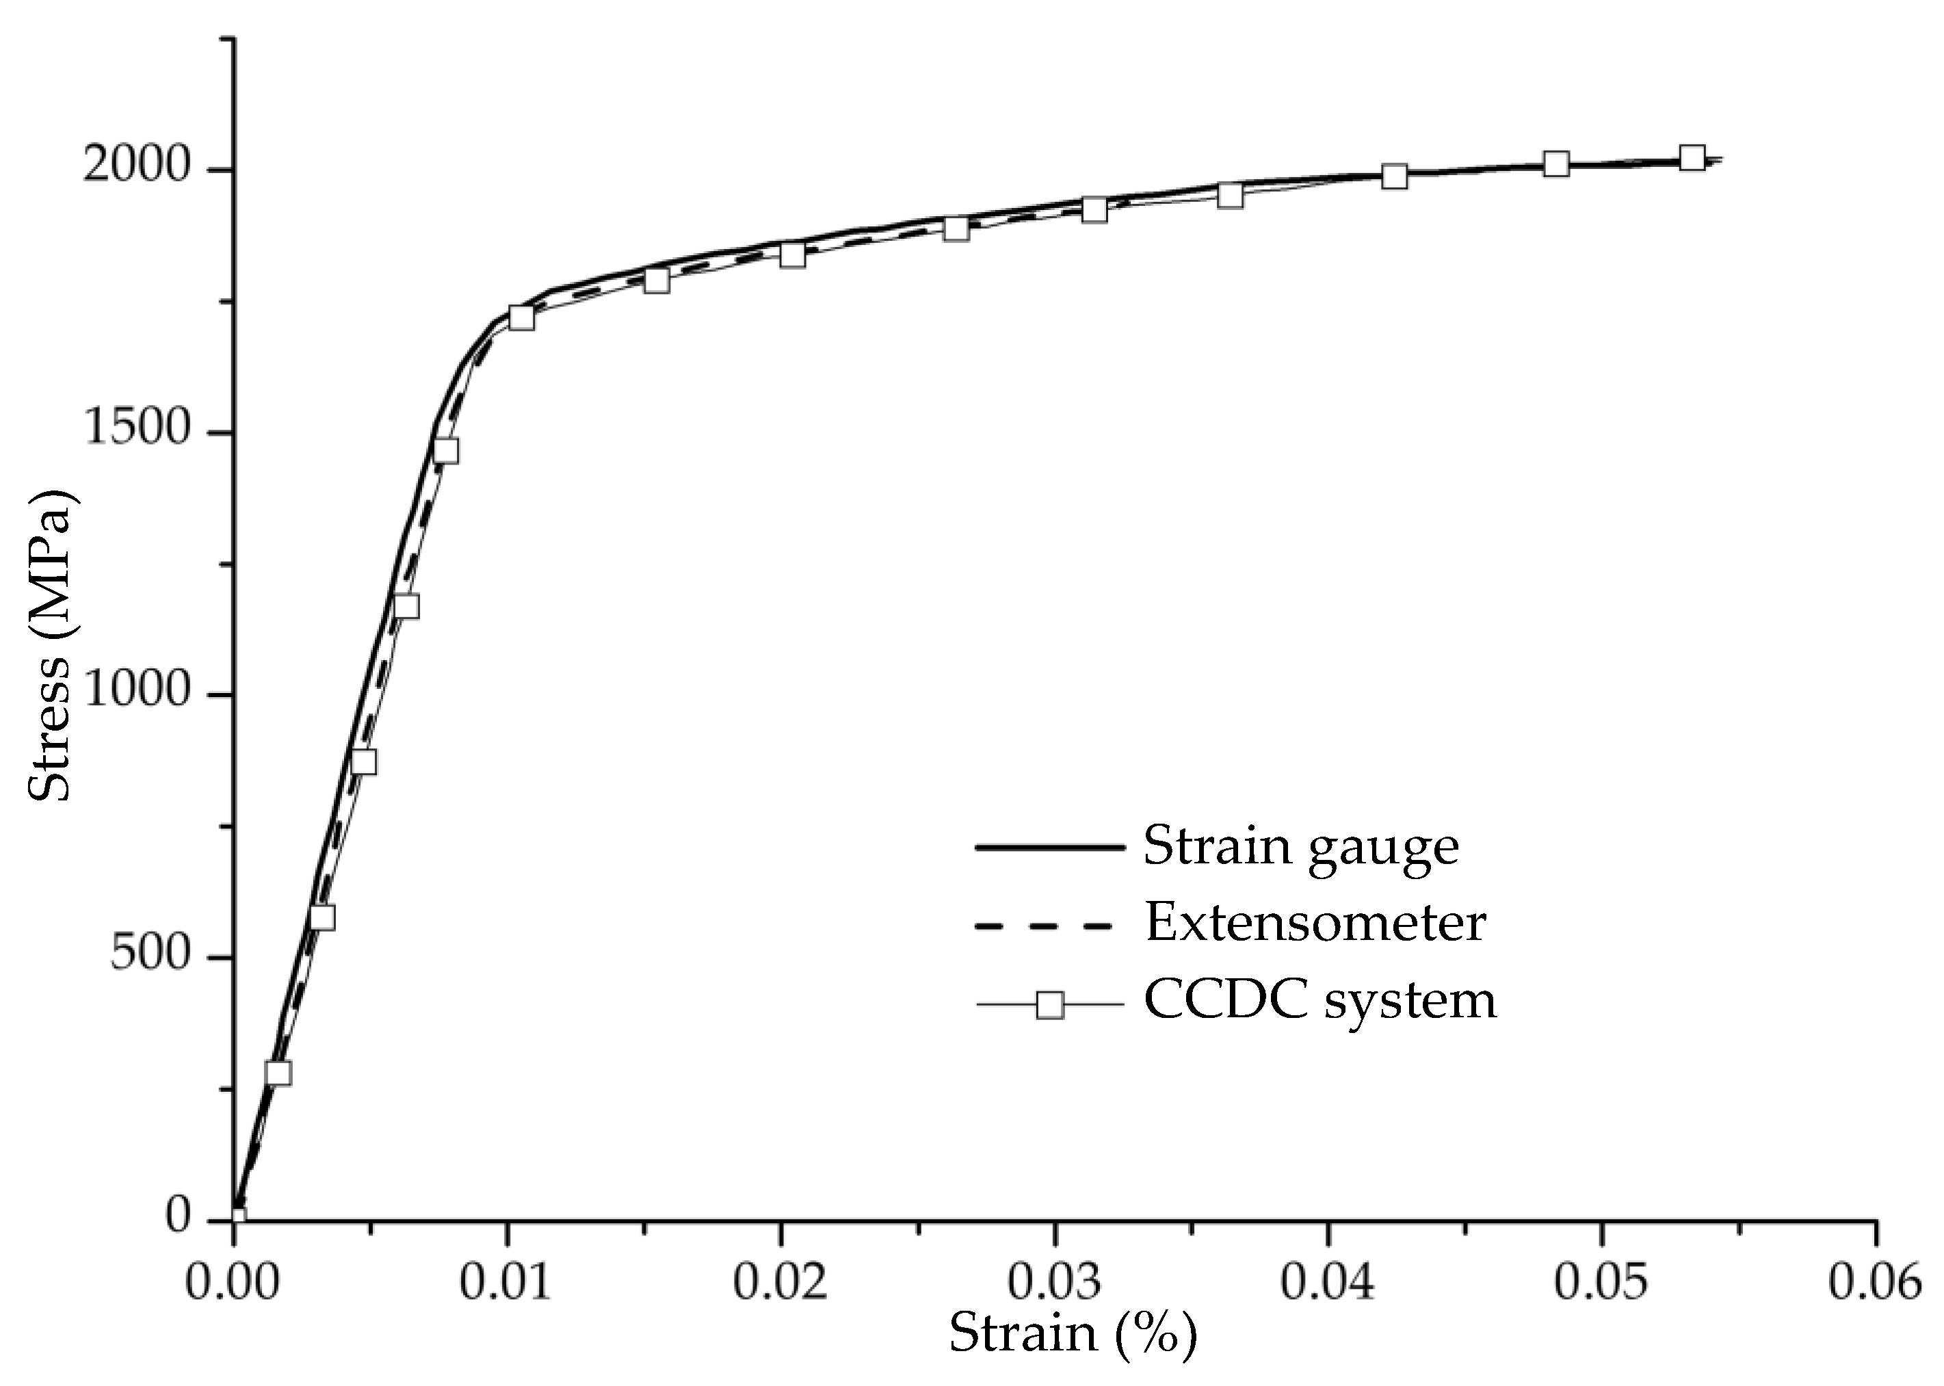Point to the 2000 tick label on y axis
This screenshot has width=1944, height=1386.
point(135,166)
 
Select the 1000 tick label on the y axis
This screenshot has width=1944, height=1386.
point(135,690)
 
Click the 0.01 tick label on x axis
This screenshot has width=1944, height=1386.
point(507,1282)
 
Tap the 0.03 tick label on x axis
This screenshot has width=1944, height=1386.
point(1054,1282)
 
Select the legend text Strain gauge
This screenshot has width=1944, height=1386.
point(1300,847)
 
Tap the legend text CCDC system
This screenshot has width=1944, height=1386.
point(1320,999)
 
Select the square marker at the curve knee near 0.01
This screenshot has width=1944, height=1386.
point(521,317)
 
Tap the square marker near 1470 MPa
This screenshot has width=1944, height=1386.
point(445,449)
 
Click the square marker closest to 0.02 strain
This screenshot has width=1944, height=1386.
point(793,254)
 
